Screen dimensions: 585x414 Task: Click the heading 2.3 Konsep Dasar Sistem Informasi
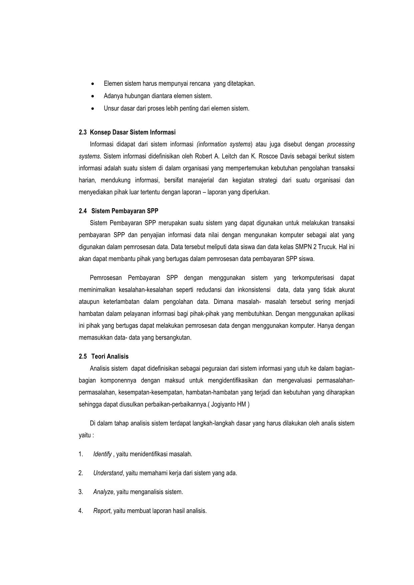click(x=127, y=132)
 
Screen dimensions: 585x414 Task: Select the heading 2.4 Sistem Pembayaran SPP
click(x=118, y=211)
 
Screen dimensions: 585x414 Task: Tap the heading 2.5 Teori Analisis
click(x=103, y=357)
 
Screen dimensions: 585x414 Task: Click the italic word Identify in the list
click(x=102, y=454)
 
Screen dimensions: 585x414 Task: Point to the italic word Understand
click(x=108, y=473)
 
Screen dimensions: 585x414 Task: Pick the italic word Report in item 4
click(x=101, y=511)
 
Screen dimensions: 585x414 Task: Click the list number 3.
click(x=81, y=492)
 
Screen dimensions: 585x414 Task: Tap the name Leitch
click(x=230, y=156)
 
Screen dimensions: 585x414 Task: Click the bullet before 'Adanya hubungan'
click(x=92, y=96)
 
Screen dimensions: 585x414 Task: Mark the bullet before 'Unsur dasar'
click(x=92, y=109)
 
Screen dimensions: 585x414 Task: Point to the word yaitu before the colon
click(x=84, y=436)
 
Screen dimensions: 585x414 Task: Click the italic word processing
click(x=341, y=144)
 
